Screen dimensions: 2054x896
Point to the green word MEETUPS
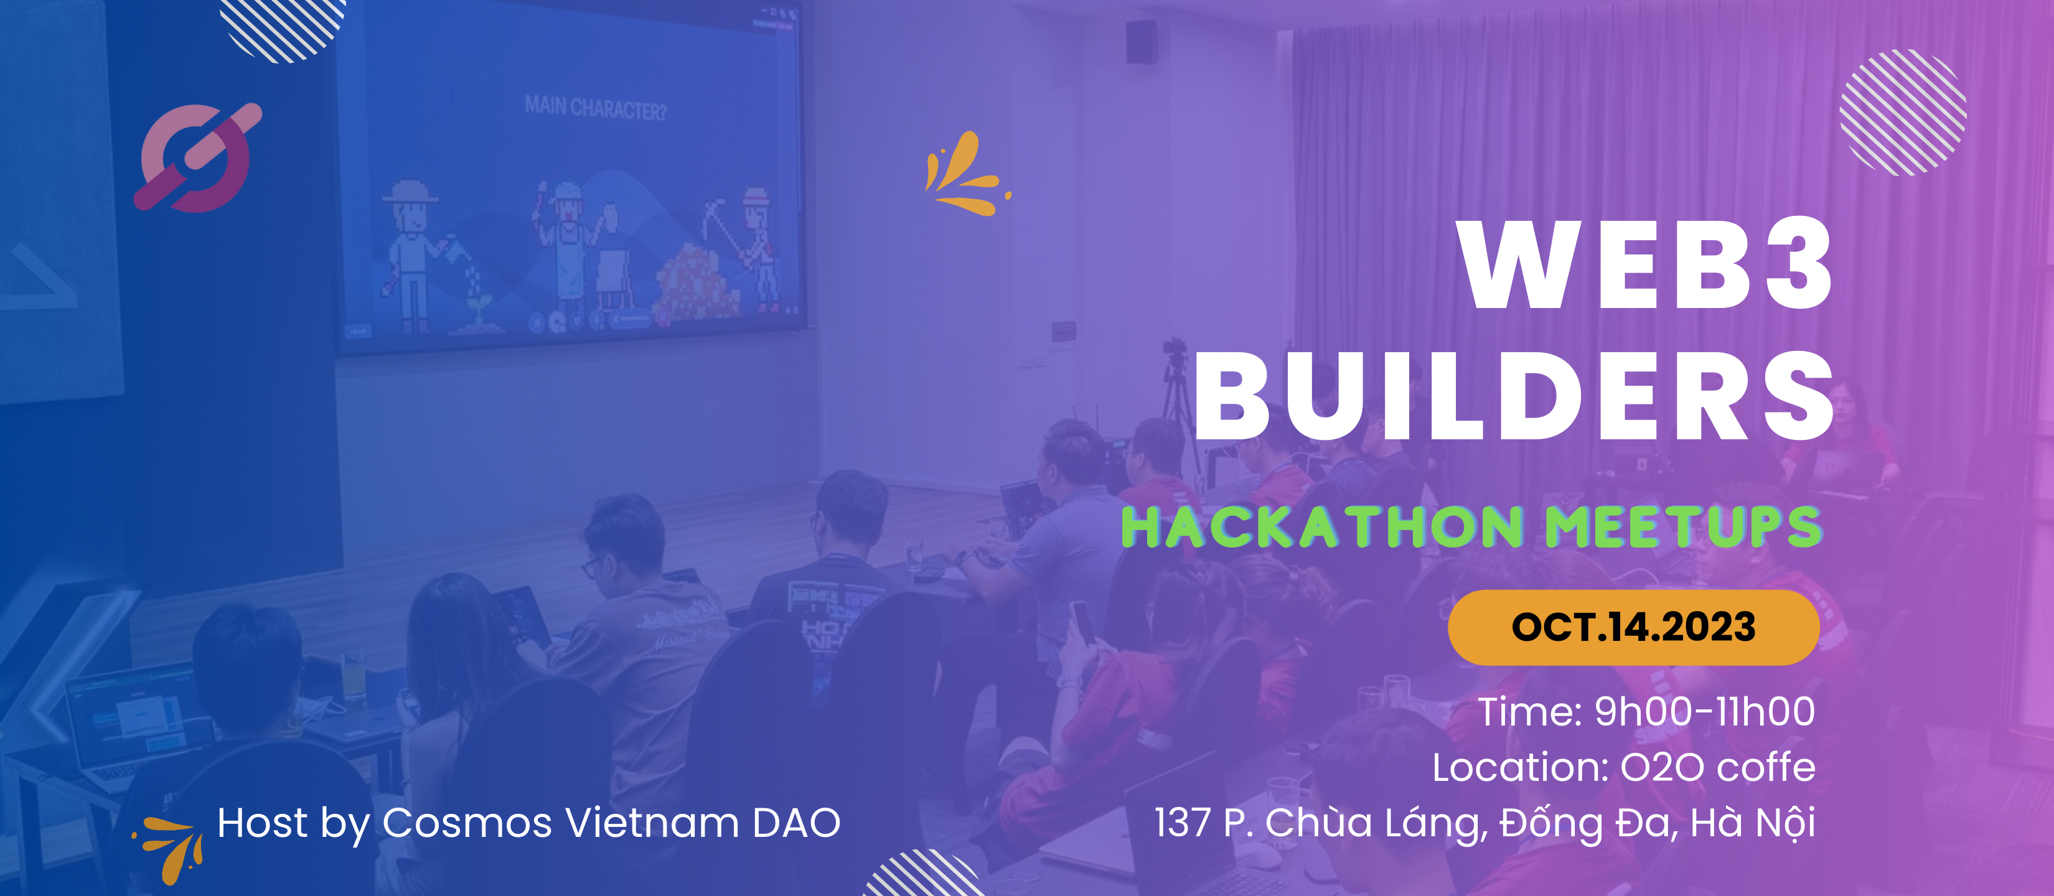pos(1683,527)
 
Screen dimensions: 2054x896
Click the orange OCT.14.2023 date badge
pos(1634,627)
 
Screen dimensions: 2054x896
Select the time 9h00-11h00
pos(1704,711)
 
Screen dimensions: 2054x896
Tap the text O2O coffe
pos(1717,767)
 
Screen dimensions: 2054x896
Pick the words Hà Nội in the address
pos(1753,823)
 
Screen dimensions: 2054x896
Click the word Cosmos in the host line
pos(466,823)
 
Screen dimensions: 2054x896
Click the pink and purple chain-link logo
pos(197,157)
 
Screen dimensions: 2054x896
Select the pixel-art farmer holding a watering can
pos(419,255)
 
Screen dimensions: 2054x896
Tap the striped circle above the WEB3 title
pos(1903,111)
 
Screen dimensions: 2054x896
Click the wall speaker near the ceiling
pos(1141,42)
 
